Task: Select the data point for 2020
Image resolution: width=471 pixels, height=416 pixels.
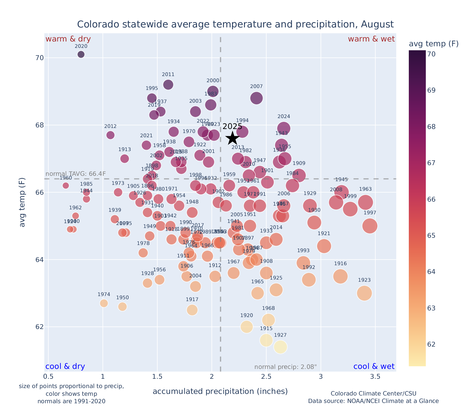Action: click(81, 54)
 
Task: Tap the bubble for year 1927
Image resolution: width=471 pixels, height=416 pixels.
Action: click(280, 347)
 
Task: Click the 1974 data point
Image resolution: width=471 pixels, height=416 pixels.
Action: click(104, 303)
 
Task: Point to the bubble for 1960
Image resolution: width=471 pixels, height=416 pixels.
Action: click(66, 185)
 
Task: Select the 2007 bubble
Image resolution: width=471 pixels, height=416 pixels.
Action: click(256, 98)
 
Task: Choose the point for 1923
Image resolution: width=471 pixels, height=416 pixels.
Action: click(364, 293)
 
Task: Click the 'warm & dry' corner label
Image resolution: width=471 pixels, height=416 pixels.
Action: click(68, 39)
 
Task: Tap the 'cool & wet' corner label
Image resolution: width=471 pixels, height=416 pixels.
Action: click(374, 367)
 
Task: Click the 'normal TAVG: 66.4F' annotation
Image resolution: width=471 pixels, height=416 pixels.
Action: click(76, 174)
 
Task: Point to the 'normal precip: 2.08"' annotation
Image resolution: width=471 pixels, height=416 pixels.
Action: click(285, 367)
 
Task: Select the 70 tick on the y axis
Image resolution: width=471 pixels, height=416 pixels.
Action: click(36, 58)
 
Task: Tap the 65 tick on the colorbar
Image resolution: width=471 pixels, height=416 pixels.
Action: click(431, 236)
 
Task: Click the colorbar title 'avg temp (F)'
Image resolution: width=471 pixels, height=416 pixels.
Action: click(434, 44)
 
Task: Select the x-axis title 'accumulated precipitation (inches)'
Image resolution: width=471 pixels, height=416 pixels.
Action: click(220, 391)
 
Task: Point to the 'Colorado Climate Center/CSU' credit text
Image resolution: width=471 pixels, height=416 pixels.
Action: click(373, 393)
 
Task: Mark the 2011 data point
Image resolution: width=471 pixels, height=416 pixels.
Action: click(168, 85)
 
